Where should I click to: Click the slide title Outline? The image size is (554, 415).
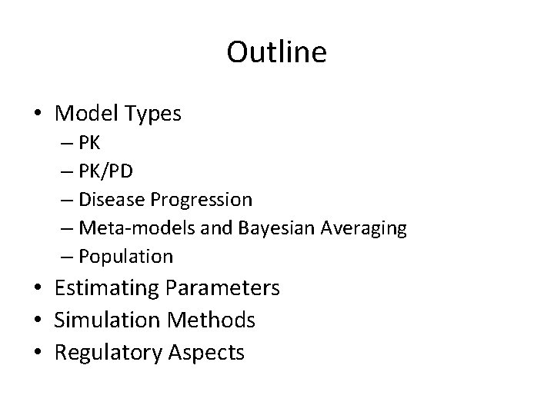pyautogui.click(x=277, y=52)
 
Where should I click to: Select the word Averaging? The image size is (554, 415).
pyautogui.click(x=359, y=228)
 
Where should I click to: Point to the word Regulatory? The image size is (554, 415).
pyautogui.click(x=104, y=353)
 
